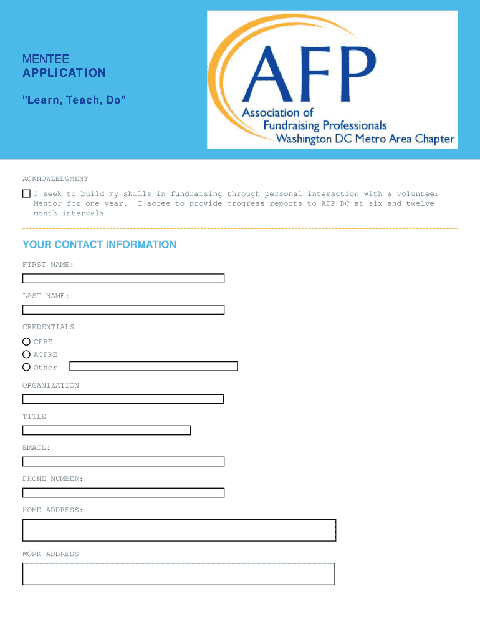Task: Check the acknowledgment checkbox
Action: pyautogui.click(x=26, y=194)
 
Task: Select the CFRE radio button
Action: pyautogui.click(x=26, y=342)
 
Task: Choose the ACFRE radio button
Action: pyautogui.click(x=26, y=354)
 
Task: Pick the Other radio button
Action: pyautogui.click(x=26, y=368)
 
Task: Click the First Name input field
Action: pyautogui.click(x=123, y=278)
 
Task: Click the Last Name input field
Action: pyautogui.click(x=123, y=310)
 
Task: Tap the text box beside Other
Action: pyautogui.click(x=153, y=366)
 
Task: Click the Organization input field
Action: pyautogui.click(x=123, y=399)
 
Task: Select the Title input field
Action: pyautogui.click(x=107, y=430)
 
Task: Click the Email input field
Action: pyautogui.click(x=123, y=462)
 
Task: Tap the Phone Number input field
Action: pyautogui.click(x=123, y=493)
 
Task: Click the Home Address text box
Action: pyautogui.click(x=180, y=530)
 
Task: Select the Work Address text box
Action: pyautogui.click(x=179, y=574)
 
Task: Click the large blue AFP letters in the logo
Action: pyautogui.click(x=309, y=70)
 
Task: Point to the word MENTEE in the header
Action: pyautogui.click(x=46, y=59)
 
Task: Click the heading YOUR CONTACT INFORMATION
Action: pyautogui.click(x=99, y=245)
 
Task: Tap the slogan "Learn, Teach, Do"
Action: pyautogui.click(x=74, y=100)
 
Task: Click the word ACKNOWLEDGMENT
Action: pyautogui.click(x=55, y=179)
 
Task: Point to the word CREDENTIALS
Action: pyautogui.click(x=48, y=327)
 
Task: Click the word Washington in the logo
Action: pyautogui.click(x=303, y=139)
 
